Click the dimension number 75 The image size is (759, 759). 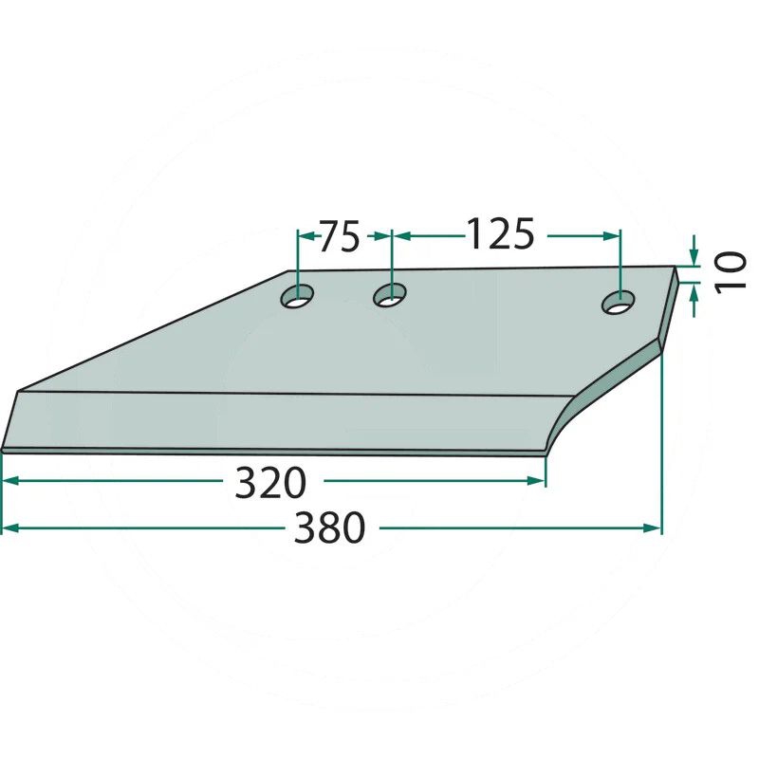pyautogui.click(x=340, y=236)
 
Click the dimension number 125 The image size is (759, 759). pyautogui.click(x=500, y=234)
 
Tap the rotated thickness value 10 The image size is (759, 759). pyautogui.click(x=731, y=270)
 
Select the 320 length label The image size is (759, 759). pyautogui.click(x=270, y=482)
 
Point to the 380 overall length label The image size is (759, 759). pyautogui.click(x=329, y=528)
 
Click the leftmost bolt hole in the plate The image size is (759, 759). pyautogui.click(x=297, y=296)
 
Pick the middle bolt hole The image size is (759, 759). pyautogui.click(x=389, y=295)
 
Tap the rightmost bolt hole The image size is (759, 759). pyautogui.click(x=619, y=303)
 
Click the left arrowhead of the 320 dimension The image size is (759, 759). pyautogui.click(x=10, y=481)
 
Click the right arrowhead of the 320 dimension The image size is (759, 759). pyautogui.click(x=537, y=481)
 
